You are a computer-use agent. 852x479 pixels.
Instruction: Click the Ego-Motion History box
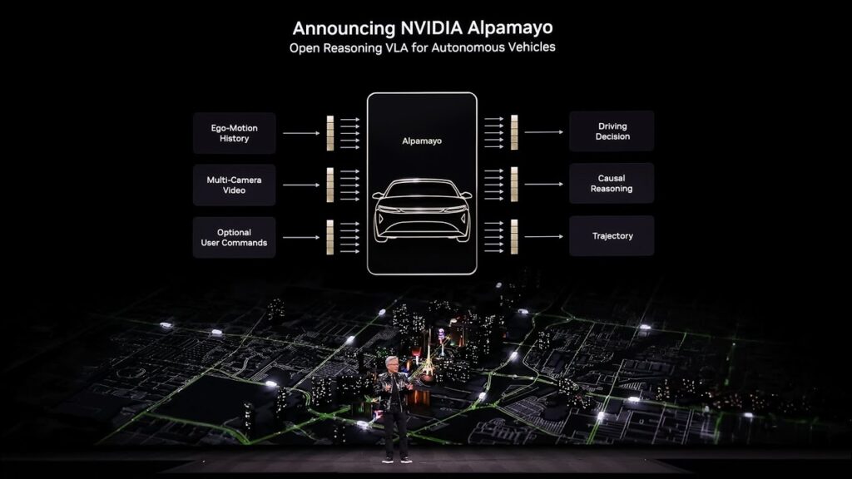[234, 133]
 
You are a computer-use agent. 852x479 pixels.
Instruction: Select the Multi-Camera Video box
[234, 185]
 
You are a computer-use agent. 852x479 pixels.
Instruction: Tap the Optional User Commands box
[234, 237]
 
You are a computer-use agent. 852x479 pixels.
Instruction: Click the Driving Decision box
[612, 131]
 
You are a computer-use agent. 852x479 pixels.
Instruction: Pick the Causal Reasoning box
[612, 184]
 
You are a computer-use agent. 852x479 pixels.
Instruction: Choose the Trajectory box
[612, 236]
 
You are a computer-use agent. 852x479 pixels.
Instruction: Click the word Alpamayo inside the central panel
[422, 141]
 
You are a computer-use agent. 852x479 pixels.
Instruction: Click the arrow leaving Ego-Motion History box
[300, 133]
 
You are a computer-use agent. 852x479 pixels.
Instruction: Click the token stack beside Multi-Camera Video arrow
[330, 185]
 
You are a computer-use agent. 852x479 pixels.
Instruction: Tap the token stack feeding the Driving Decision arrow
[514, 132]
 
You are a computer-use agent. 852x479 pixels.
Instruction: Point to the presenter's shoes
[395, 458]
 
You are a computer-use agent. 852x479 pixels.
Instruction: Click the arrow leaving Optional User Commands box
[300, 237]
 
